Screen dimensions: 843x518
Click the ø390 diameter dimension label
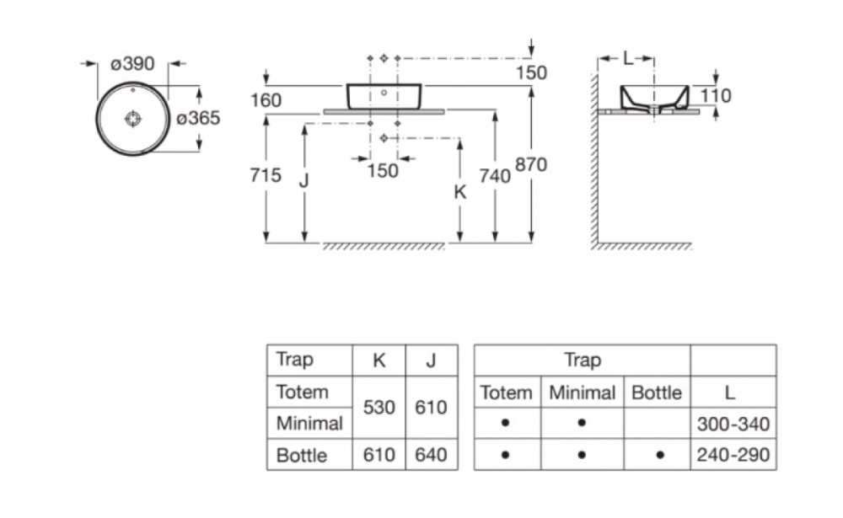132,64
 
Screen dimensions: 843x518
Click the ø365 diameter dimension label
198,118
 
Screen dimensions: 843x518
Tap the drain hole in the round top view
133,119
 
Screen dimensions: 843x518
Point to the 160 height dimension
266,100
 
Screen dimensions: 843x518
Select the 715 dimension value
266,175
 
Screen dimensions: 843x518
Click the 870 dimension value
531,164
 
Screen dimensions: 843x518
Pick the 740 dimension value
495,176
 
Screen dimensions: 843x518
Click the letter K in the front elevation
460,192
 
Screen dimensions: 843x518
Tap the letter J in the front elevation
304,180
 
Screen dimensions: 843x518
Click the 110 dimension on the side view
716,96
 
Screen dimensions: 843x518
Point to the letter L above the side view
628,58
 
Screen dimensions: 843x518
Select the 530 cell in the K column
379,408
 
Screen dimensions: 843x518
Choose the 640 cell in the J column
431,455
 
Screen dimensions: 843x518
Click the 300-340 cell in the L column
733,424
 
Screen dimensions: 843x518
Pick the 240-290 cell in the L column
733,455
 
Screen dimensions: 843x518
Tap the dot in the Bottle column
660,455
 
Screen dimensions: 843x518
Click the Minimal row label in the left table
309,424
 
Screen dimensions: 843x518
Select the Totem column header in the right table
506,393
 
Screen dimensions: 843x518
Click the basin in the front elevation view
384,96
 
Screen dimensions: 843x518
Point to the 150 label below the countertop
383,171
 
